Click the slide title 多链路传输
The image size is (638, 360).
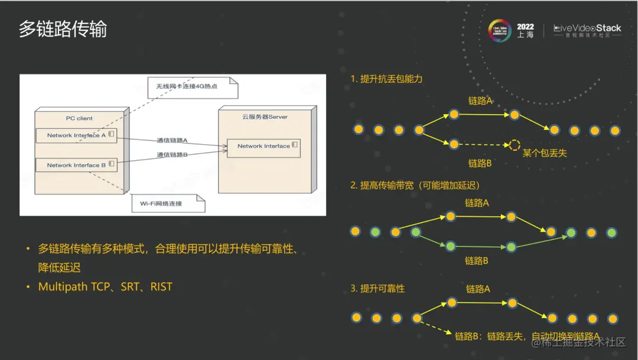63,29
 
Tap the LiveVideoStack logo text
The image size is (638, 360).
587,28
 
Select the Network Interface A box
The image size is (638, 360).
76,135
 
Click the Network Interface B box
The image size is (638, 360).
76,165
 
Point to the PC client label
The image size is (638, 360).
79,118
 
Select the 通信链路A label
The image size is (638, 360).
172,140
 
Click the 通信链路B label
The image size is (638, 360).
172,154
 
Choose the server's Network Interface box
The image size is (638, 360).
264,146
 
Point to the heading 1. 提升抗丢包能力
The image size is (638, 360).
386,79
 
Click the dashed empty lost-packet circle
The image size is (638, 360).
515,145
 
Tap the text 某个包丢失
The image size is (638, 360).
545,153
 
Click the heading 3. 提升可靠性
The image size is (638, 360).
377,288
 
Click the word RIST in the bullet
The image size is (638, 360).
161,287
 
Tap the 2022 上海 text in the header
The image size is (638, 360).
525,31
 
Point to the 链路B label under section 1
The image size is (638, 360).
480,163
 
